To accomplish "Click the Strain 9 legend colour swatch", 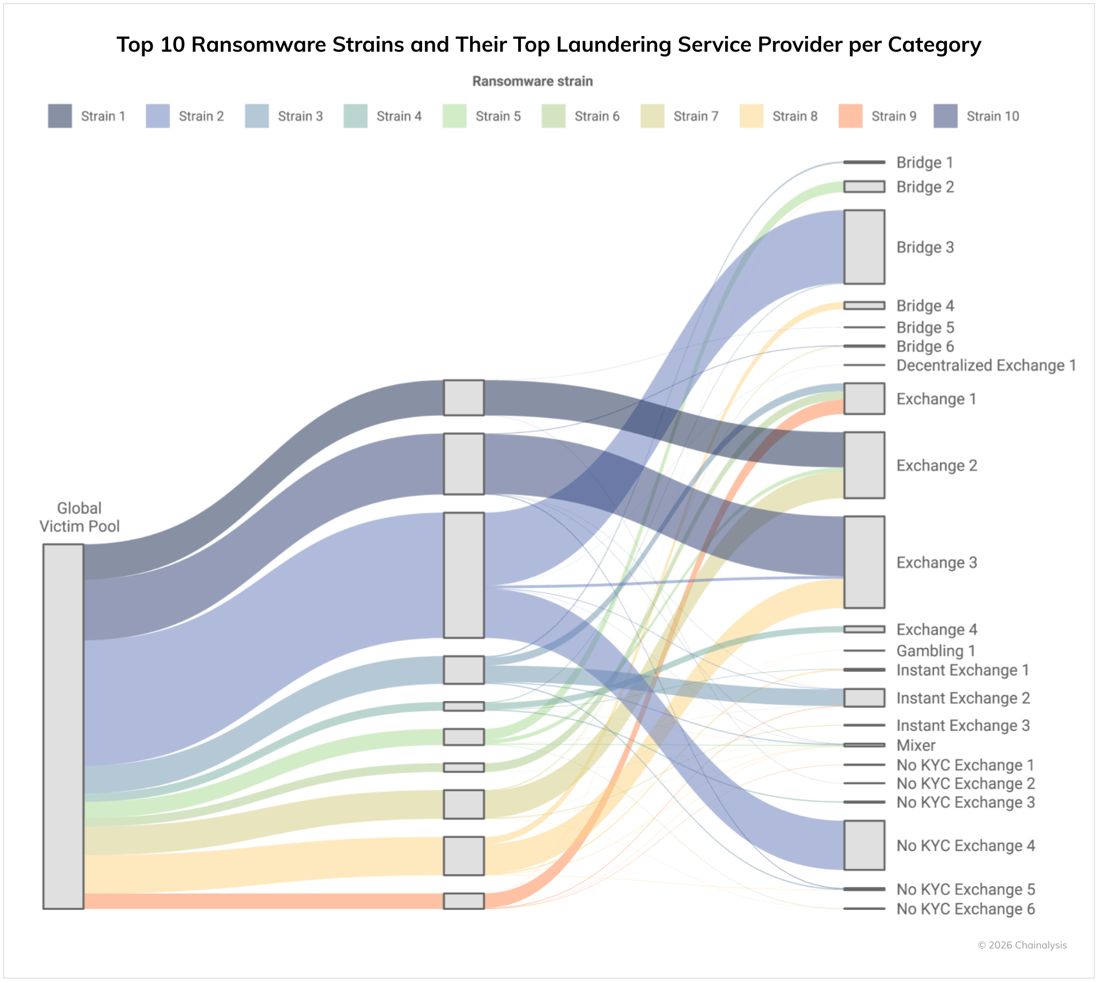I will (850, 116).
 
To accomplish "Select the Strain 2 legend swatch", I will (158, 116).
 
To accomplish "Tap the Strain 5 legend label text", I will (498, 117).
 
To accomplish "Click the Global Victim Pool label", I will (79, 518).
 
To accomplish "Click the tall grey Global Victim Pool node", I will (63, 726).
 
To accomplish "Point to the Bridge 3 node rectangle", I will (864, 247).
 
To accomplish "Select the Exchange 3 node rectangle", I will (864, 562).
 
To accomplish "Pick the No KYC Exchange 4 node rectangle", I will (864, 845).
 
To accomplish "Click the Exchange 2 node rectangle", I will (864, 465).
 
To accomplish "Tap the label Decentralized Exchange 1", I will (986, 365).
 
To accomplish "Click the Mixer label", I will (916, 746).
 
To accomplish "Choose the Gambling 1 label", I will (936, 651).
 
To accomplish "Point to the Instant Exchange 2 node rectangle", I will (864, 698).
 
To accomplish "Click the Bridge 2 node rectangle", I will (864, 187).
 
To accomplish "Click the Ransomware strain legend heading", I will (532, 81).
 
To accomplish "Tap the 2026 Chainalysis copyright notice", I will (1022, 945).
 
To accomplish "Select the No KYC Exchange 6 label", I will (965, 909).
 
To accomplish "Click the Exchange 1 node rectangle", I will (864, 399).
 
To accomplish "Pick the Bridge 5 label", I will (925, 328).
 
